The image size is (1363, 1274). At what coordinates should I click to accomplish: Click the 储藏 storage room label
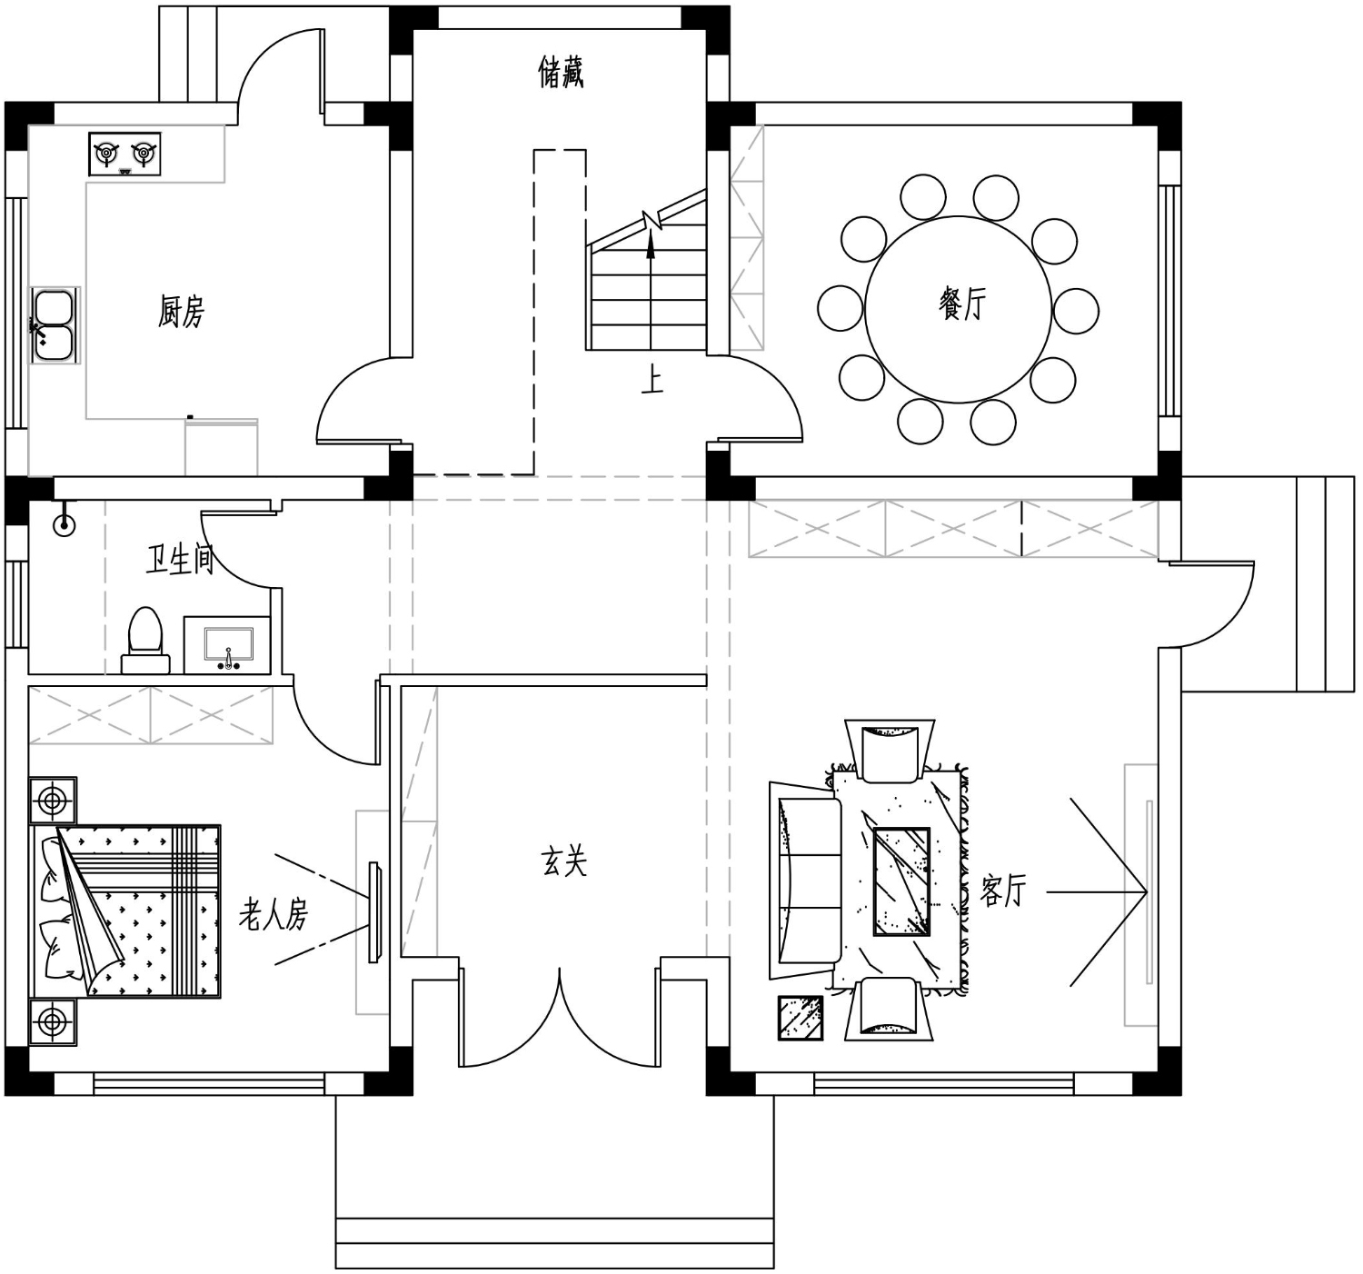561,73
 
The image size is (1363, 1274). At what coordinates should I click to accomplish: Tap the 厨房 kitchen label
181,312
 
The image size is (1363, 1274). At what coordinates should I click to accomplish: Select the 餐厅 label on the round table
962,304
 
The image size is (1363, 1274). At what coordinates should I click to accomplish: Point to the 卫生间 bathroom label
180,560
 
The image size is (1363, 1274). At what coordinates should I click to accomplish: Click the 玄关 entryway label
564,861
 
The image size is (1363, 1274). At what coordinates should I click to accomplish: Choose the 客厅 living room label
1002,891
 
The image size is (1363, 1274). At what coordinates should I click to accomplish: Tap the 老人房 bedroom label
274,914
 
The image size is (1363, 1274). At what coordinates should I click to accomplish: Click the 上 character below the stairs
652,381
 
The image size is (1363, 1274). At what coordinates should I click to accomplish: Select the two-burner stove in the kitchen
124,154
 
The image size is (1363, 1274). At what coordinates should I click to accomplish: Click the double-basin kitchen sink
55,325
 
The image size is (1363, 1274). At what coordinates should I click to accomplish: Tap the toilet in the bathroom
145,640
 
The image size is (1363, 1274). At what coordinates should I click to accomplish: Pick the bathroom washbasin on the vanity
229,646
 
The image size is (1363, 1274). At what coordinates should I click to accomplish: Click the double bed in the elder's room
124,911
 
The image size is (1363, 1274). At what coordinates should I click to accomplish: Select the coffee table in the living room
901,881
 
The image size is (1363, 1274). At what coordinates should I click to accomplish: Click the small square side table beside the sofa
801,1017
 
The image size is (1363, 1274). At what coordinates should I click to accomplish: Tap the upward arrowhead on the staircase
651,245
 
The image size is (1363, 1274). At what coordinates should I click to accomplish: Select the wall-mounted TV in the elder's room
374,912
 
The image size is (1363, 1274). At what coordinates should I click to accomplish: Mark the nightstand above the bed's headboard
53,801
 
